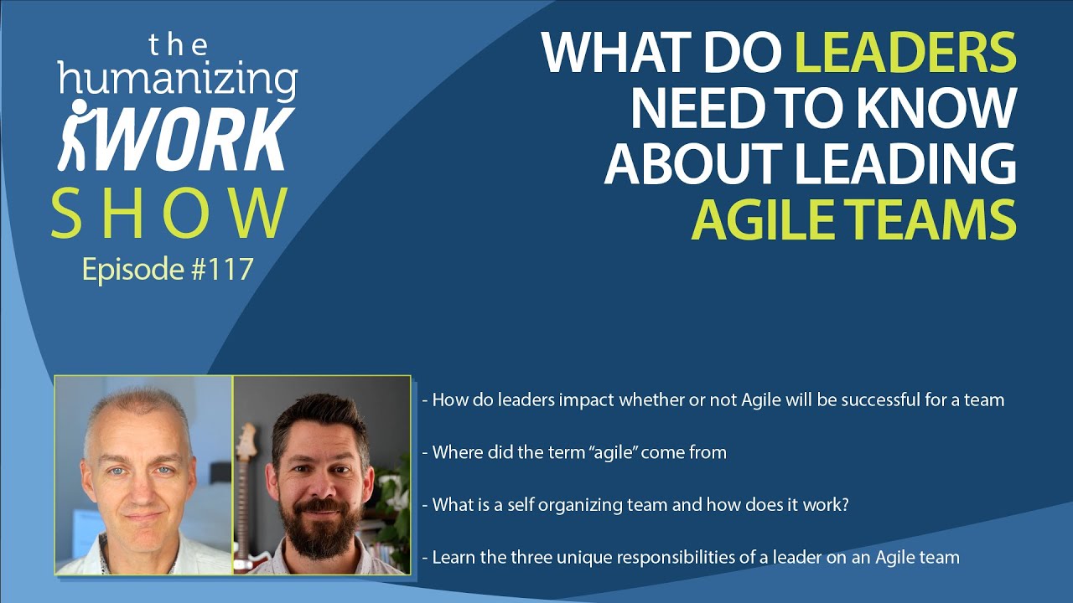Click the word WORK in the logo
[189, 137]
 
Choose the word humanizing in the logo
[177, 81]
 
